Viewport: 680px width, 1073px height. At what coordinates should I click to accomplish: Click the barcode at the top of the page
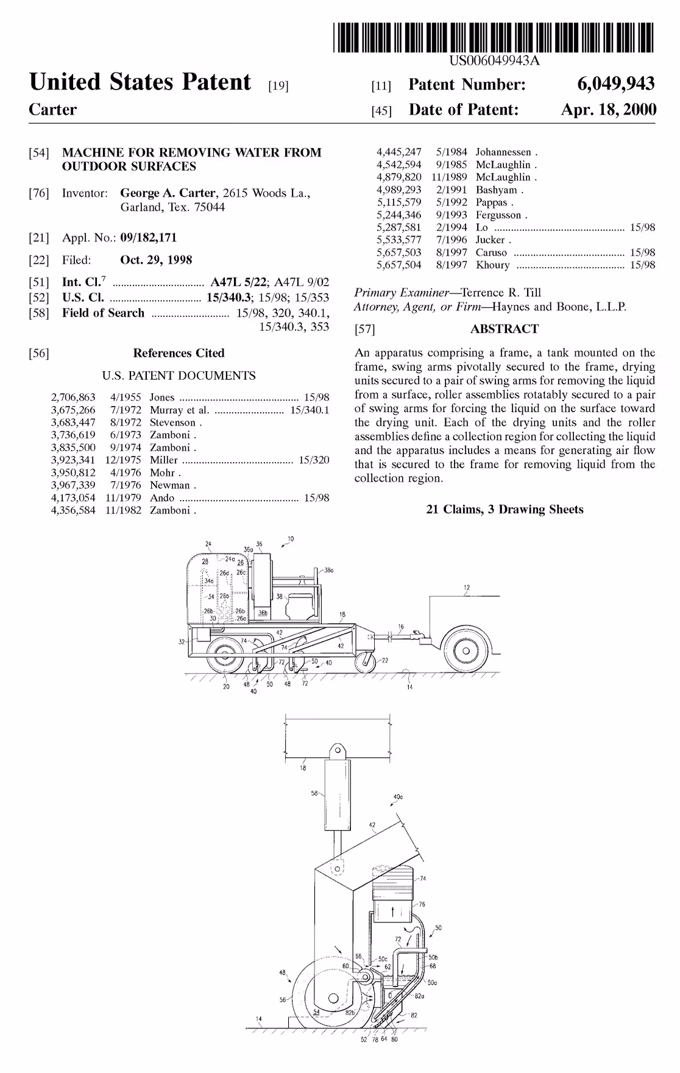click(494, 37)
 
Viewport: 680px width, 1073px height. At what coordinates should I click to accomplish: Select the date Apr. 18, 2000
click(609, 110)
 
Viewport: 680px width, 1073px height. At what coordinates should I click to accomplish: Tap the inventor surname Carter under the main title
click(53, 110)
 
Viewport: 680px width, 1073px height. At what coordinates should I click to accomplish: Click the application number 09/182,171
click(148, 238)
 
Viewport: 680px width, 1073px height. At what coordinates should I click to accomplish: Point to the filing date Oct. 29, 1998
click(156, 260)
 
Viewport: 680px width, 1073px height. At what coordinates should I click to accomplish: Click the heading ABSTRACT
click(505, 329)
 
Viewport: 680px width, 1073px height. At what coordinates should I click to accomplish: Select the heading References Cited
click(179, 353)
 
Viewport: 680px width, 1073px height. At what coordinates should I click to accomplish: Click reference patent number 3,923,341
click(73, 460)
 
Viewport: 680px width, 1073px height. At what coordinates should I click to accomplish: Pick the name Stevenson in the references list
click(173, 422)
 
